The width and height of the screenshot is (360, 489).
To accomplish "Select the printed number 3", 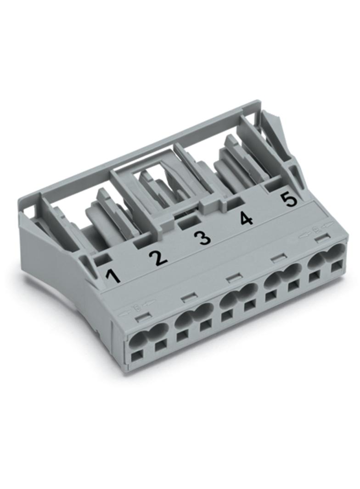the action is (x=202, y=238).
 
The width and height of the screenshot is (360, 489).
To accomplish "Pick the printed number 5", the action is (x=289, y=199).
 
